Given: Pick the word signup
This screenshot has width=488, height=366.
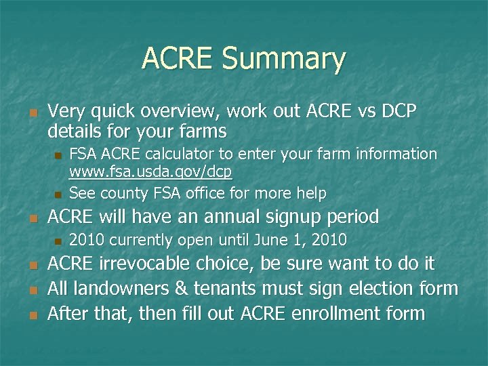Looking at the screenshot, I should [x=290, y=218].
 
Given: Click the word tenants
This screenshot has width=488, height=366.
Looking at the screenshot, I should [x=223, y=289].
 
